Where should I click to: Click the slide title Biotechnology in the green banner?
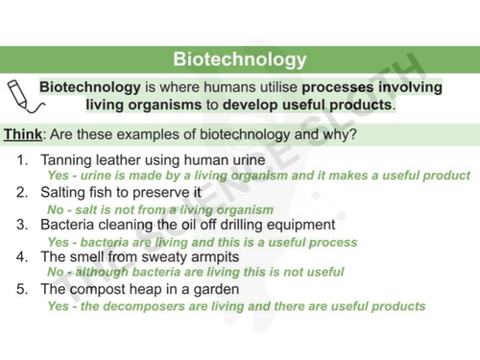coord(240,60)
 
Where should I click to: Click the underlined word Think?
coord(22,134)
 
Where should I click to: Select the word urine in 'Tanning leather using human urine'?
coord(236,159)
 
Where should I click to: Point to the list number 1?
coord(22,159)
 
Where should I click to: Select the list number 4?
coord(22,257)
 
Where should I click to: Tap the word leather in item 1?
coord(120,159)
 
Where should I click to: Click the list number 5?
coord(22,289)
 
